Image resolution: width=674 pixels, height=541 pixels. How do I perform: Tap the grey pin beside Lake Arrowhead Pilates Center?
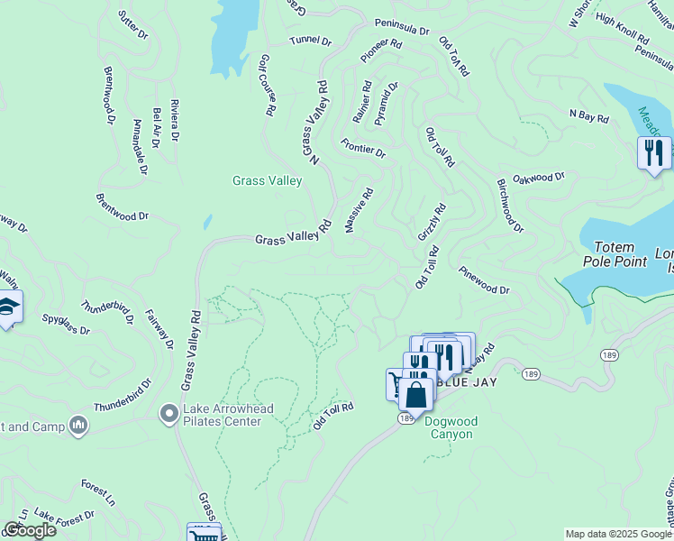pos(168,414)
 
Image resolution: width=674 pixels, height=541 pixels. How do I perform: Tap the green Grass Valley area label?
pos(267,180)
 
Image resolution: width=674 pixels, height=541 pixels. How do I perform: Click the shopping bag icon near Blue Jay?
pos(416,394)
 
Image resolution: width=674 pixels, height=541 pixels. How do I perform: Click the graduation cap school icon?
pos(8,307)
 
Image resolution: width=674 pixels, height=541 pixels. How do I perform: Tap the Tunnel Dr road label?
pos(311,41)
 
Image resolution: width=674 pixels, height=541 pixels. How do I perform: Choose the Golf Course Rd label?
pos(266,84)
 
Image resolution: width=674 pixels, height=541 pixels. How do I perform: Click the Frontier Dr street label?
pos(363,147)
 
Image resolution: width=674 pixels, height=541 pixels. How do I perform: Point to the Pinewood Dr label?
pos(484,280)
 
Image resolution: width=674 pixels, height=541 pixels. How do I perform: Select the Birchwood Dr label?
pos(509,205)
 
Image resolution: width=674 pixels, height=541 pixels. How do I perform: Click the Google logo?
pos(30,530)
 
